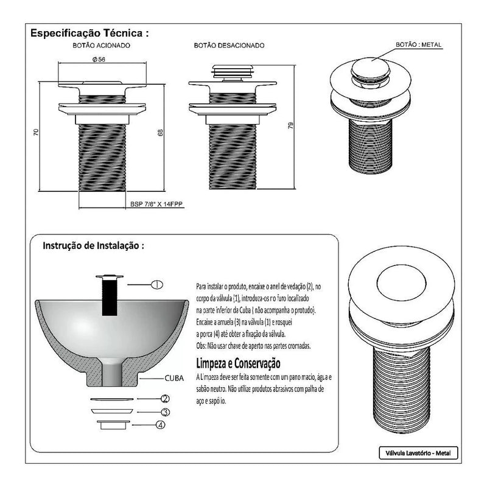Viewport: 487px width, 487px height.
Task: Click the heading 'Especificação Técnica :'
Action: coord(89,32)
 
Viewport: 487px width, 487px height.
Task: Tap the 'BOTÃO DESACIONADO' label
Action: coord(229,46)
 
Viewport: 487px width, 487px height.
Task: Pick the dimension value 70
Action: coord(37,131)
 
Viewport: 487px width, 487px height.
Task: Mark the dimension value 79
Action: coord(291,125)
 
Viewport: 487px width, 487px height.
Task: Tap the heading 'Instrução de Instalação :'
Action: coord(94,247)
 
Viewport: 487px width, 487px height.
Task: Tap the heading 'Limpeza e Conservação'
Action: coord(237,364)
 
